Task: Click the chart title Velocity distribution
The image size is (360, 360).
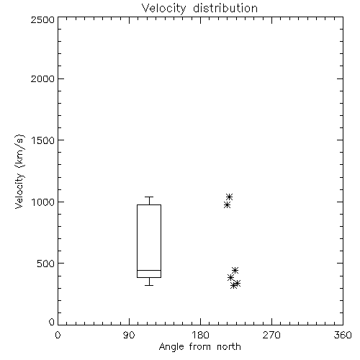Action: (x=199, y=9)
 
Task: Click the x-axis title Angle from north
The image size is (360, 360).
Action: (x=199, y=347)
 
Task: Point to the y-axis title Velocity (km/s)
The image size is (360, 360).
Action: (x=19, y=171)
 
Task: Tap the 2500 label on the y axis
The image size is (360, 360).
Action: (x=42, y=19)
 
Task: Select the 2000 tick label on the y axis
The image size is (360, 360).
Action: (x=42, y=78)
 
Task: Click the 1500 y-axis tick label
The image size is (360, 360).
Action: (x=43, y=140)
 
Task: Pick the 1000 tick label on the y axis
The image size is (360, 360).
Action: (x=43, y=202)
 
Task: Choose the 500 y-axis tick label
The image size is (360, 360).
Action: (x=46, y=264)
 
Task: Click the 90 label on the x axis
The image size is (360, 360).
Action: (x=129, y=335)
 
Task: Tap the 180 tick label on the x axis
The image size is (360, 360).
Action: (x=200, y=335)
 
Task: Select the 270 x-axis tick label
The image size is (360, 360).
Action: (x=271, y=335)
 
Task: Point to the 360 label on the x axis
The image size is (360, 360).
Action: (x=343, y=335)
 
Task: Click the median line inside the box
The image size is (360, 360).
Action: (x=149, y=270)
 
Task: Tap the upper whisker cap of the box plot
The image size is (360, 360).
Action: (x=149, y=197)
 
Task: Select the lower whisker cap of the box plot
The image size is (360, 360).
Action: (x=149, y=285)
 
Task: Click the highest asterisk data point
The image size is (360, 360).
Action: (x=229, y=197)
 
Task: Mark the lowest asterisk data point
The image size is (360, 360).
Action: (x=233, y=286)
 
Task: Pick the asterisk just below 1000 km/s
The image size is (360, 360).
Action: (x=227, y=205)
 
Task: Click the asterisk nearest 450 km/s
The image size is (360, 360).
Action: (x=235, y=270)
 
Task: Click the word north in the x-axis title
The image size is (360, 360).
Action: (x=229, y=346)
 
